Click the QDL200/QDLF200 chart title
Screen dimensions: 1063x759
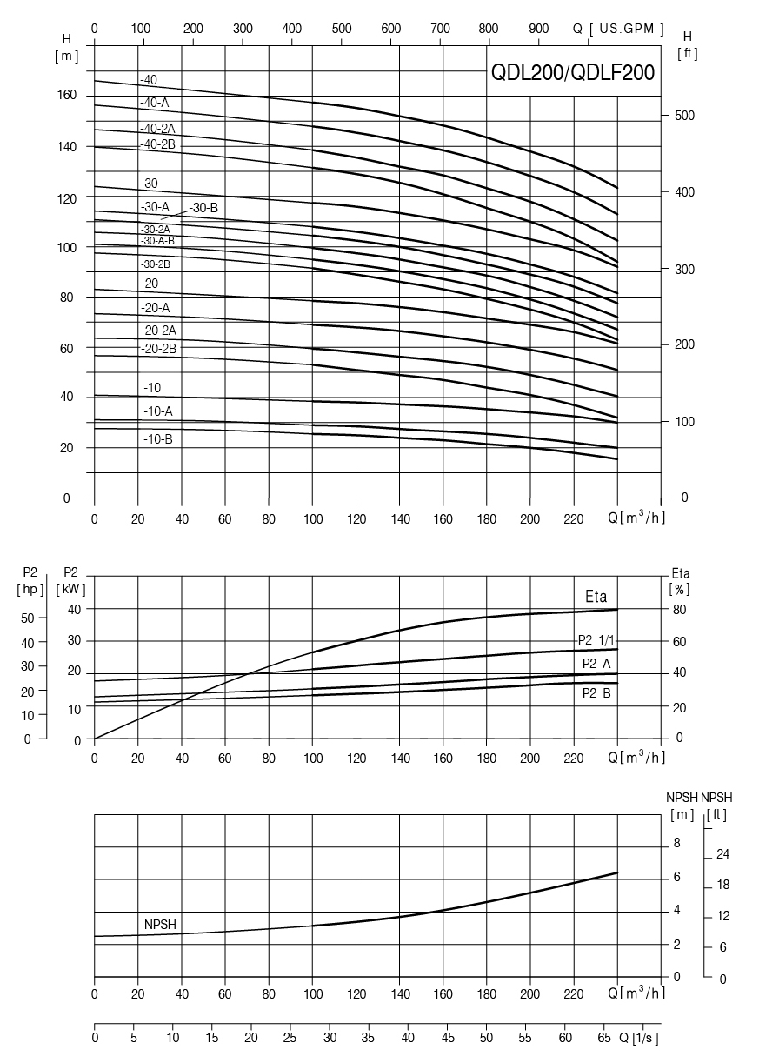click(x=573, y=74)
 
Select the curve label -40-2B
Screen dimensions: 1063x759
click(x=158, y=144)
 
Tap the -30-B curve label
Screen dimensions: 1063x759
click(x=203, y=207)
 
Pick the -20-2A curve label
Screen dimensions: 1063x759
click(x=158, y=330)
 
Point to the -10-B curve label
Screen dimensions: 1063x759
click(x=158, y=439)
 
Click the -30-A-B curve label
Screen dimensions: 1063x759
click(x=157, y=240)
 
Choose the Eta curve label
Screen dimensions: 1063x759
click(x=596, y=598)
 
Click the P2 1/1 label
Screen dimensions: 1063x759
click(x=597, y=640)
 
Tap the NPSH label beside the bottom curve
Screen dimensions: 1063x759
click(x=160, y=925)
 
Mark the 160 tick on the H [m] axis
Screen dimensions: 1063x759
click(x=68, y=95)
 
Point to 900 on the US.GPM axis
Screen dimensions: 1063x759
click(x=540, y=29)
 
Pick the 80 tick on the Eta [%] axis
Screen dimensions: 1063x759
click(x=679, y=610)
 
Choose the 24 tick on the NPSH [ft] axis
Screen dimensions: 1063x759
click(x=722, y=855)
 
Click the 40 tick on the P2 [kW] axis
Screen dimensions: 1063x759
click(x=75, y=609)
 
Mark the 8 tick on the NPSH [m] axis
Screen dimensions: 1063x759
click(x=677, y=845)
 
